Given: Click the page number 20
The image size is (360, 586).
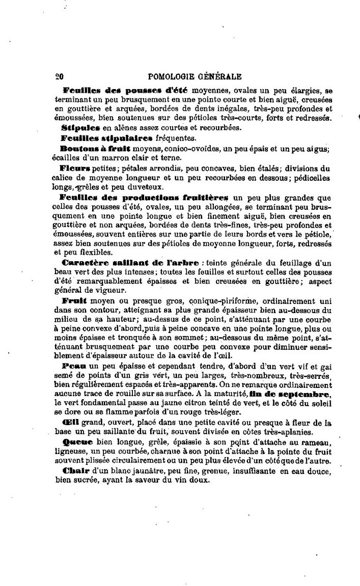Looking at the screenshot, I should tap(58, 77).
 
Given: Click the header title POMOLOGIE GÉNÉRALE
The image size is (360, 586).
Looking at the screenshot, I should tap(194, 77).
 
